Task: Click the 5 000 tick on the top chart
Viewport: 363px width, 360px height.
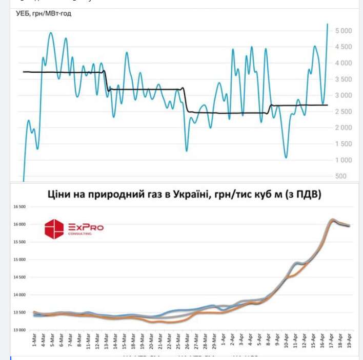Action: [343, 31]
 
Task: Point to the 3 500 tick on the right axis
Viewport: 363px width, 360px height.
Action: [343, 79]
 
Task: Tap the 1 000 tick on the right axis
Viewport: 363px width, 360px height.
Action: [343, 160]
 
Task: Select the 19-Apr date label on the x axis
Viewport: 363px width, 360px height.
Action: [349, 339]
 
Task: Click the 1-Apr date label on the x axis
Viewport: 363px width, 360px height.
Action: [223, 339]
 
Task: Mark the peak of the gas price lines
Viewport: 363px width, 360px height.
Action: [332, 220]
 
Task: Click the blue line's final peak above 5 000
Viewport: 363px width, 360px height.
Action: [328, 24]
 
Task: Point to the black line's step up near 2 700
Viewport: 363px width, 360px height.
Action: [271, 106]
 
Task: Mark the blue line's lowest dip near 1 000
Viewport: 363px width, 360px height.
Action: [286, 157]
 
